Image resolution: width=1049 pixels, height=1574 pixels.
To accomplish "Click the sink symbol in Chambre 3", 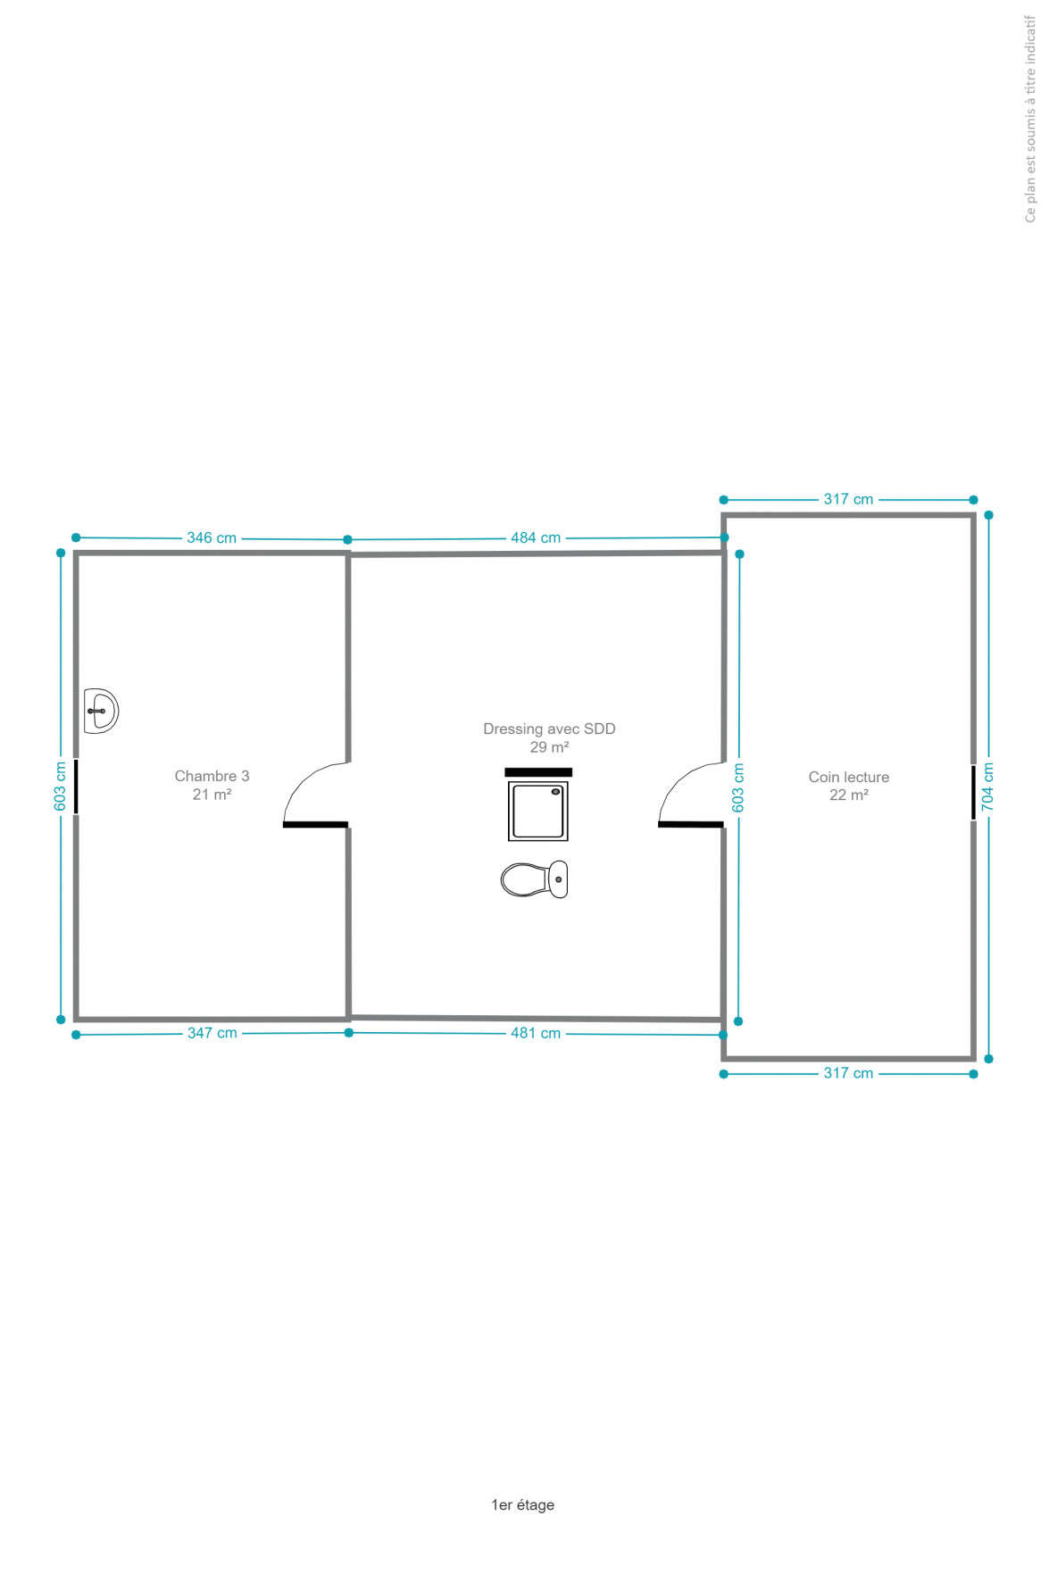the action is pos(101,711).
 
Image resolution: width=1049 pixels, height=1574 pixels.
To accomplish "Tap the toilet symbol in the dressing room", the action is pos(534,879).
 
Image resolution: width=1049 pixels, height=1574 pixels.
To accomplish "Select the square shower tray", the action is pos(538,811).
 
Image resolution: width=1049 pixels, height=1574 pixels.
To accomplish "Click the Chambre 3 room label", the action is pos(212,785).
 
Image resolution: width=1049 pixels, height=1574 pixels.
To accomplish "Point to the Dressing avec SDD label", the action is pos(549,737).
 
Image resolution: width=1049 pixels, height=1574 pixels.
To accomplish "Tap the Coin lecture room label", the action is pos(849,786).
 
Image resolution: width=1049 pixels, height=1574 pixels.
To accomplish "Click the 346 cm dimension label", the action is pos(212,537).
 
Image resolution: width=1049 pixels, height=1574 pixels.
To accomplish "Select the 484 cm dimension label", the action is pos(536,537).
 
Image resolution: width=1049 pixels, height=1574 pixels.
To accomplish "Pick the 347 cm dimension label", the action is pos(212,1033).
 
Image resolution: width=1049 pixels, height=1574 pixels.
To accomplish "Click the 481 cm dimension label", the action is pos(536,1033).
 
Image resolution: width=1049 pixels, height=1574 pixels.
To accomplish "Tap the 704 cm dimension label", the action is pos(987,787).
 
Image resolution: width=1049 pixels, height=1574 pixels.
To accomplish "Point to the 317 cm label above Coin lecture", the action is pos(848,499).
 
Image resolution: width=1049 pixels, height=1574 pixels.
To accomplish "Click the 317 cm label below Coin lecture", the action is pos(848,1073).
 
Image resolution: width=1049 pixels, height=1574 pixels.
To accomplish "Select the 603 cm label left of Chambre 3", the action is pos(60,787).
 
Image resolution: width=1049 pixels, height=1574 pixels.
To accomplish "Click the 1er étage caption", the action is pos(523,1504).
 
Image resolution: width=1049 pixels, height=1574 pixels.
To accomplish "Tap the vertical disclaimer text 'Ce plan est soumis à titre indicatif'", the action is pos(1030,119).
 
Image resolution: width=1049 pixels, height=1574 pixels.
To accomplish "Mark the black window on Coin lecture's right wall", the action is pos(973,792).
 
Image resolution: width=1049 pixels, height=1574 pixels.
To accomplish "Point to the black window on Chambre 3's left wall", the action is pos(76,787).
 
